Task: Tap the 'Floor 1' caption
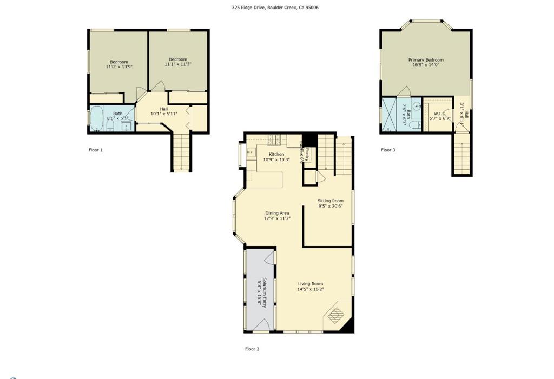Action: point(95,150)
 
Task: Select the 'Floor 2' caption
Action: point(252,349)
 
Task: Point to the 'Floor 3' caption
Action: point(388,150)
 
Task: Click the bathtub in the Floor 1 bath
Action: point(97,118)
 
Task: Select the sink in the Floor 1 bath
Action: point(126,127)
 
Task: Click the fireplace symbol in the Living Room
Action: point(335,314)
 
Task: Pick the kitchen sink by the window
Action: point(249,153)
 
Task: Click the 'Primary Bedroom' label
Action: point(426,60)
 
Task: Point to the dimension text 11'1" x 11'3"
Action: point(178,64)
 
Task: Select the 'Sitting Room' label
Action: point(330,201)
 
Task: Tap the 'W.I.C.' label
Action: point(439,114)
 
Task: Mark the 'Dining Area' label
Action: point(277,213)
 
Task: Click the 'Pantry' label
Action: point(306,155)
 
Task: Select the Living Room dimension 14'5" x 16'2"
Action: point(310,289)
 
